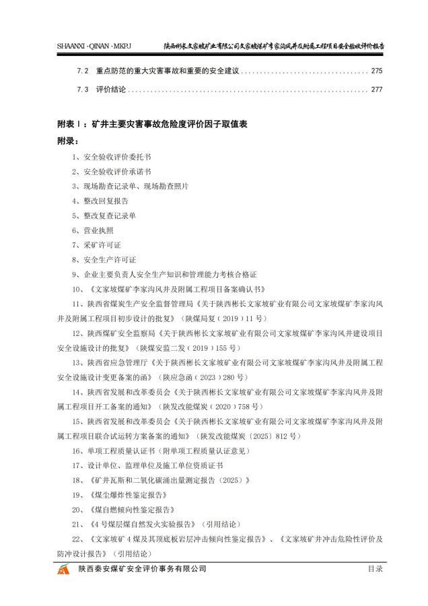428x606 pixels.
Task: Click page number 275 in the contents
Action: [x=377, y=71]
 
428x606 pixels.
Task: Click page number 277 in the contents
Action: [x=377, y=89]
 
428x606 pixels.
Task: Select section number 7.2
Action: [x=83, y=71]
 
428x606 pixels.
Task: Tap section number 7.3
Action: [x=83, y=89]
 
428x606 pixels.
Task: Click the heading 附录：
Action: [x=67, y=141]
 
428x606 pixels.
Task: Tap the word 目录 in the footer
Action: [x=375, y=570]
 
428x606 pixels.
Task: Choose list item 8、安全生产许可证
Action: [x=104, y=260]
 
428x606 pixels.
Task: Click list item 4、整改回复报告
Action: [x=100, y=201]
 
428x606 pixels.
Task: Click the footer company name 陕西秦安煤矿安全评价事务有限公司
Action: [x=142, y=570]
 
